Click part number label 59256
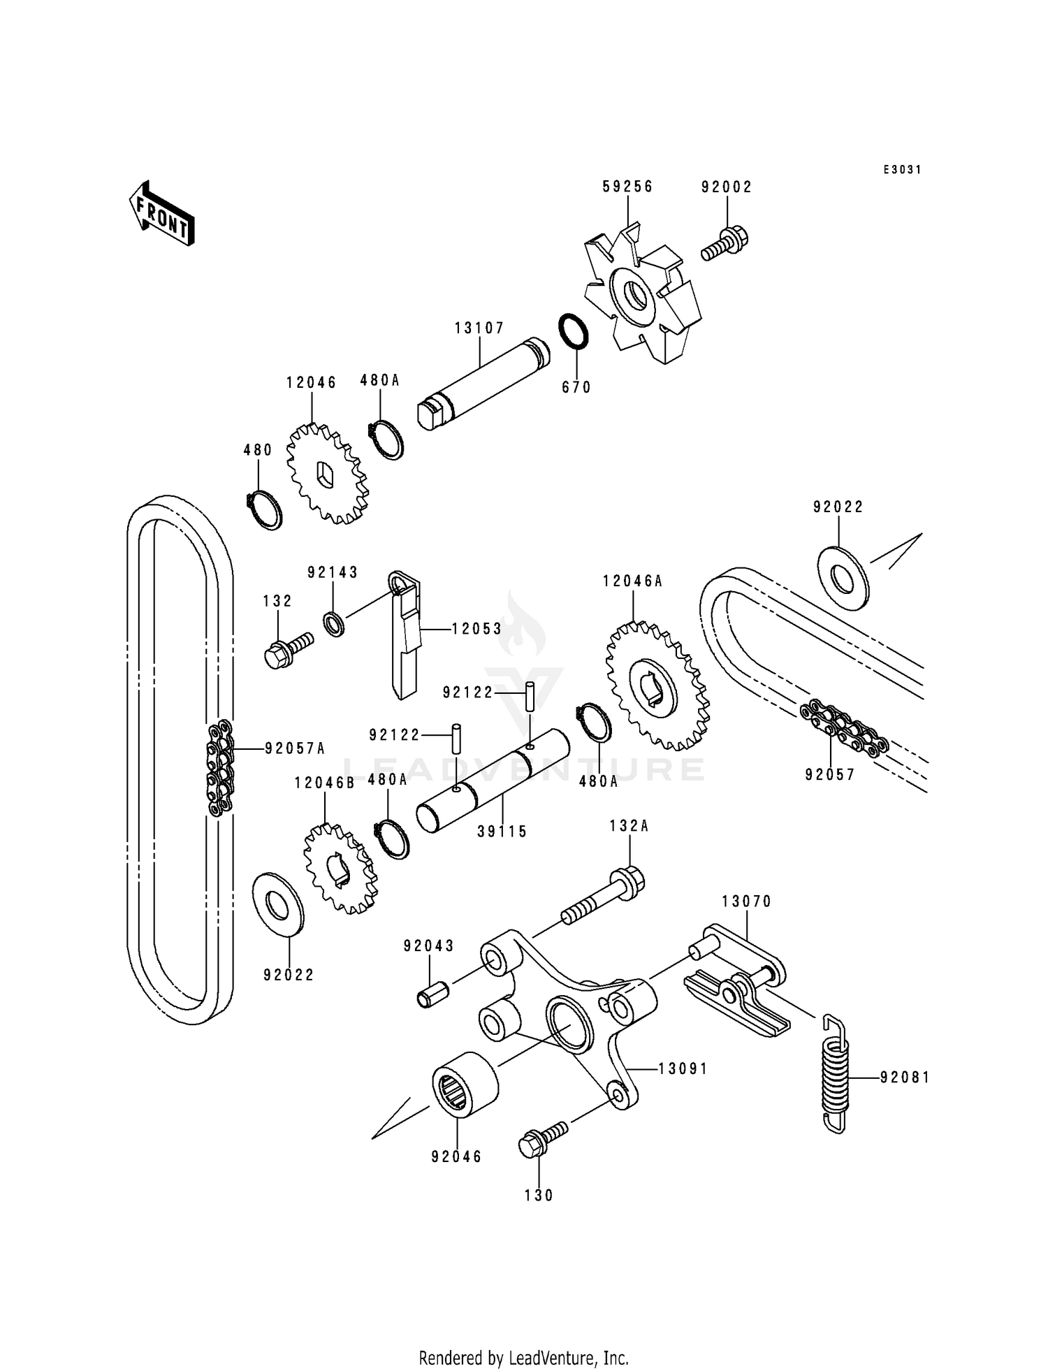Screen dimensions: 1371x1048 pos(627,187)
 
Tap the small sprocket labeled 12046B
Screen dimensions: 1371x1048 pos(340,869)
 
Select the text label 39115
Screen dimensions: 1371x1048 pos(502,832)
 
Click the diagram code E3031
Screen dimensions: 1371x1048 pos(902,170)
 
